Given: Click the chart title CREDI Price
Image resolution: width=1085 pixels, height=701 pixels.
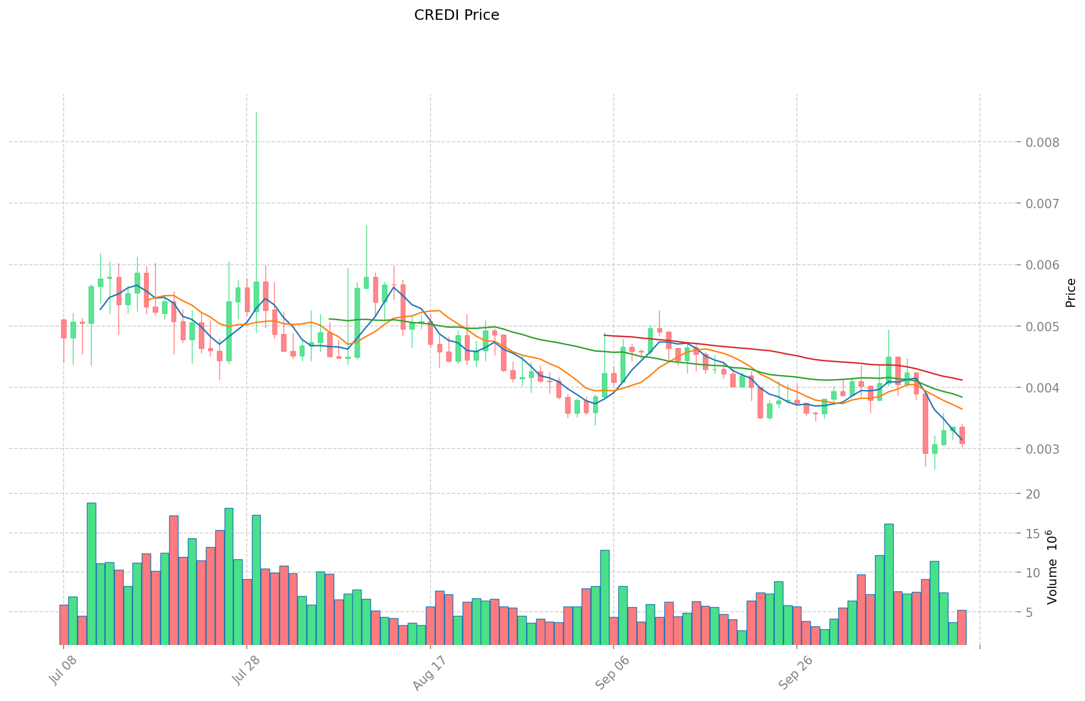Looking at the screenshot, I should pyautogui.click(x=456, y=15).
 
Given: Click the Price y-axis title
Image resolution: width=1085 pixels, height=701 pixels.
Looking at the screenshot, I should pyautogui.click(x=1070, y=293).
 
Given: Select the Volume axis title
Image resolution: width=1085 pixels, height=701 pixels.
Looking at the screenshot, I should pyautogui.click(x=1052, y=567).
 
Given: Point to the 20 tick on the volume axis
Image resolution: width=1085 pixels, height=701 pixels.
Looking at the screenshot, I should pyautogui.click(x=1034, y=494).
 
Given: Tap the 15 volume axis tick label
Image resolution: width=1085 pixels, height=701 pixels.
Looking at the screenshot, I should pyautogui.click(x=1034, y=534).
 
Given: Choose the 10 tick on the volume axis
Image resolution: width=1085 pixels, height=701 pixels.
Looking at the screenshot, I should pyautogui.click(x=1034, y=573).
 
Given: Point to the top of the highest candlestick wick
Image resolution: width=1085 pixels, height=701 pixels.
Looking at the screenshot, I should pyautogui.click(x=256, y=113).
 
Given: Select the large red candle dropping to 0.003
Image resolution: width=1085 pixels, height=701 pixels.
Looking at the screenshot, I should pyautogui.click(x=925, y=423).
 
